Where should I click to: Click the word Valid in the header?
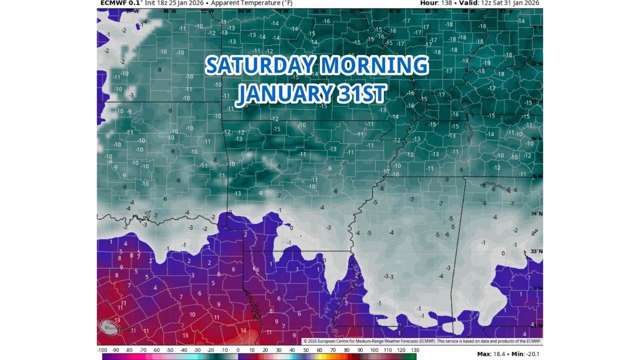(473, 3)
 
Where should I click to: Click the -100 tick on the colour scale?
(103, 350)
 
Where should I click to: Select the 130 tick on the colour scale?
(414, 350)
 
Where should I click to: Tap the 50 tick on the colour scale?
(305, 350)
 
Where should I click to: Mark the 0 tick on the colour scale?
(238, 350)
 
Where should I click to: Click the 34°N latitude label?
(536, 213)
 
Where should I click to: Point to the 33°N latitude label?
(536, 251)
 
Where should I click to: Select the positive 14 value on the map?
(243, 330)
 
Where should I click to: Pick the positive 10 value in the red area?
(192, 315)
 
